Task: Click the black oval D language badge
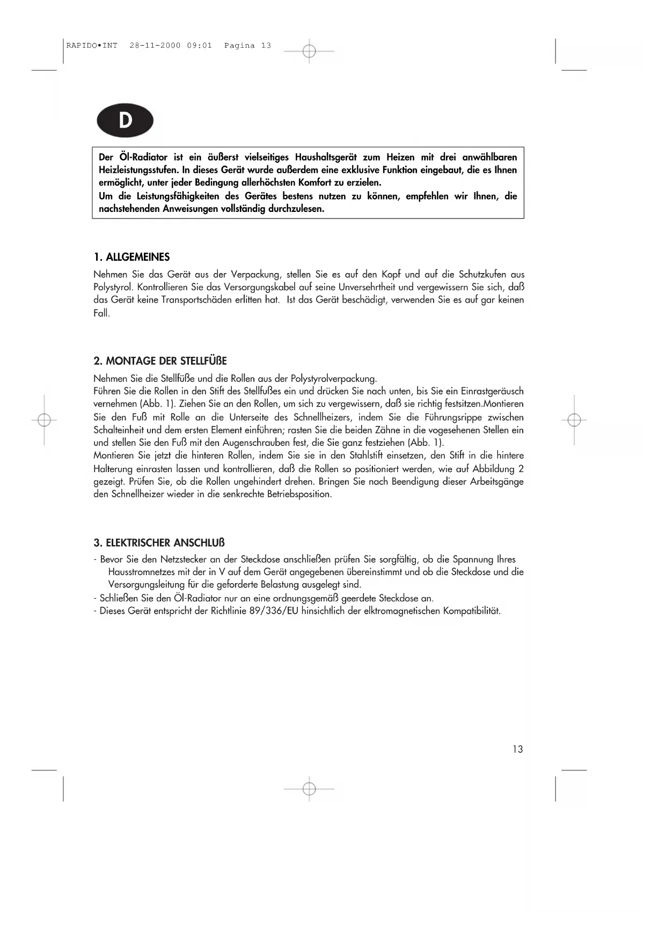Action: (125, 120)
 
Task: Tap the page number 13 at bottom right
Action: (517, 749)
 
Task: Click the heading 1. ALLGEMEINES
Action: (131, 257)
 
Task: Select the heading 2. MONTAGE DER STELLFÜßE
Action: (160, 361)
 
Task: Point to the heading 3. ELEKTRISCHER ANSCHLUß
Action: (159, 542)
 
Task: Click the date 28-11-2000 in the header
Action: (155, 46)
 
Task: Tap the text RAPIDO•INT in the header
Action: (92, 46)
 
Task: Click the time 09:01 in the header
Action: (200, 46)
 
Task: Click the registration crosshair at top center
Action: (309, 52)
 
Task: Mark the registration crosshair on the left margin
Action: (45, 420)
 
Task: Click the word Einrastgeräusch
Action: (492, 391)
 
